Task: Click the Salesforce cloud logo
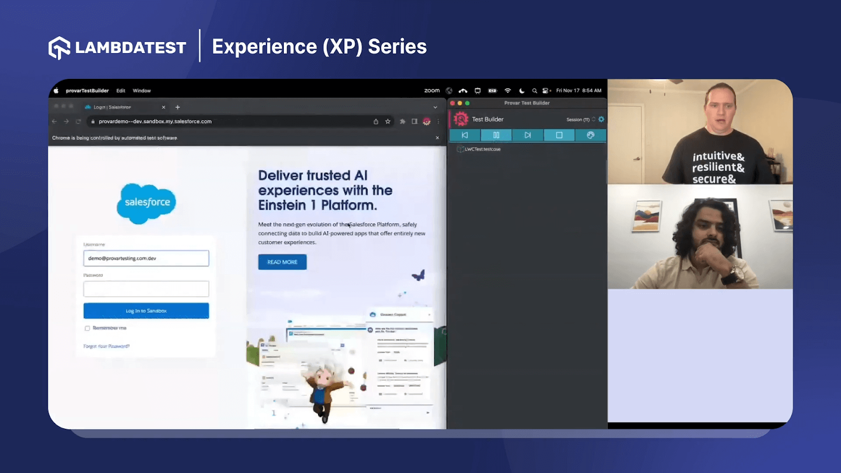coord(147,203)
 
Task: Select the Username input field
coord(146,258)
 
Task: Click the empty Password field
coord(146,289)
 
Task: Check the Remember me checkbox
coord(87,328)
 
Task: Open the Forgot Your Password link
coord(106,346)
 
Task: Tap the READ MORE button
coord(282,262)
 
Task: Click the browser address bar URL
coord(155,121)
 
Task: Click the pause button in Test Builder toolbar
coord(496,135)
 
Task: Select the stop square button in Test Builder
coord(559,135)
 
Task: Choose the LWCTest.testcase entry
coord(482,149)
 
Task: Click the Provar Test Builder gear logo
coord(461,119)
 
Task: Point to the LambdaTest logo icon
coord(59,48)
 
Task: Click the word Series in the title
coord(397,47)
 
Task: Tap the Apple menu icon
coord(56,91)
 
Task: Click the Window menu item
coord(141,91)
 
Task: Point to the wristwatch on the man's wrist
coord(732,274)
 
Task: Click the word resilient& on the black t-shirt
coord(718,168)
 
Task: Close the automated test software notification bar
coord(437,138)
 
